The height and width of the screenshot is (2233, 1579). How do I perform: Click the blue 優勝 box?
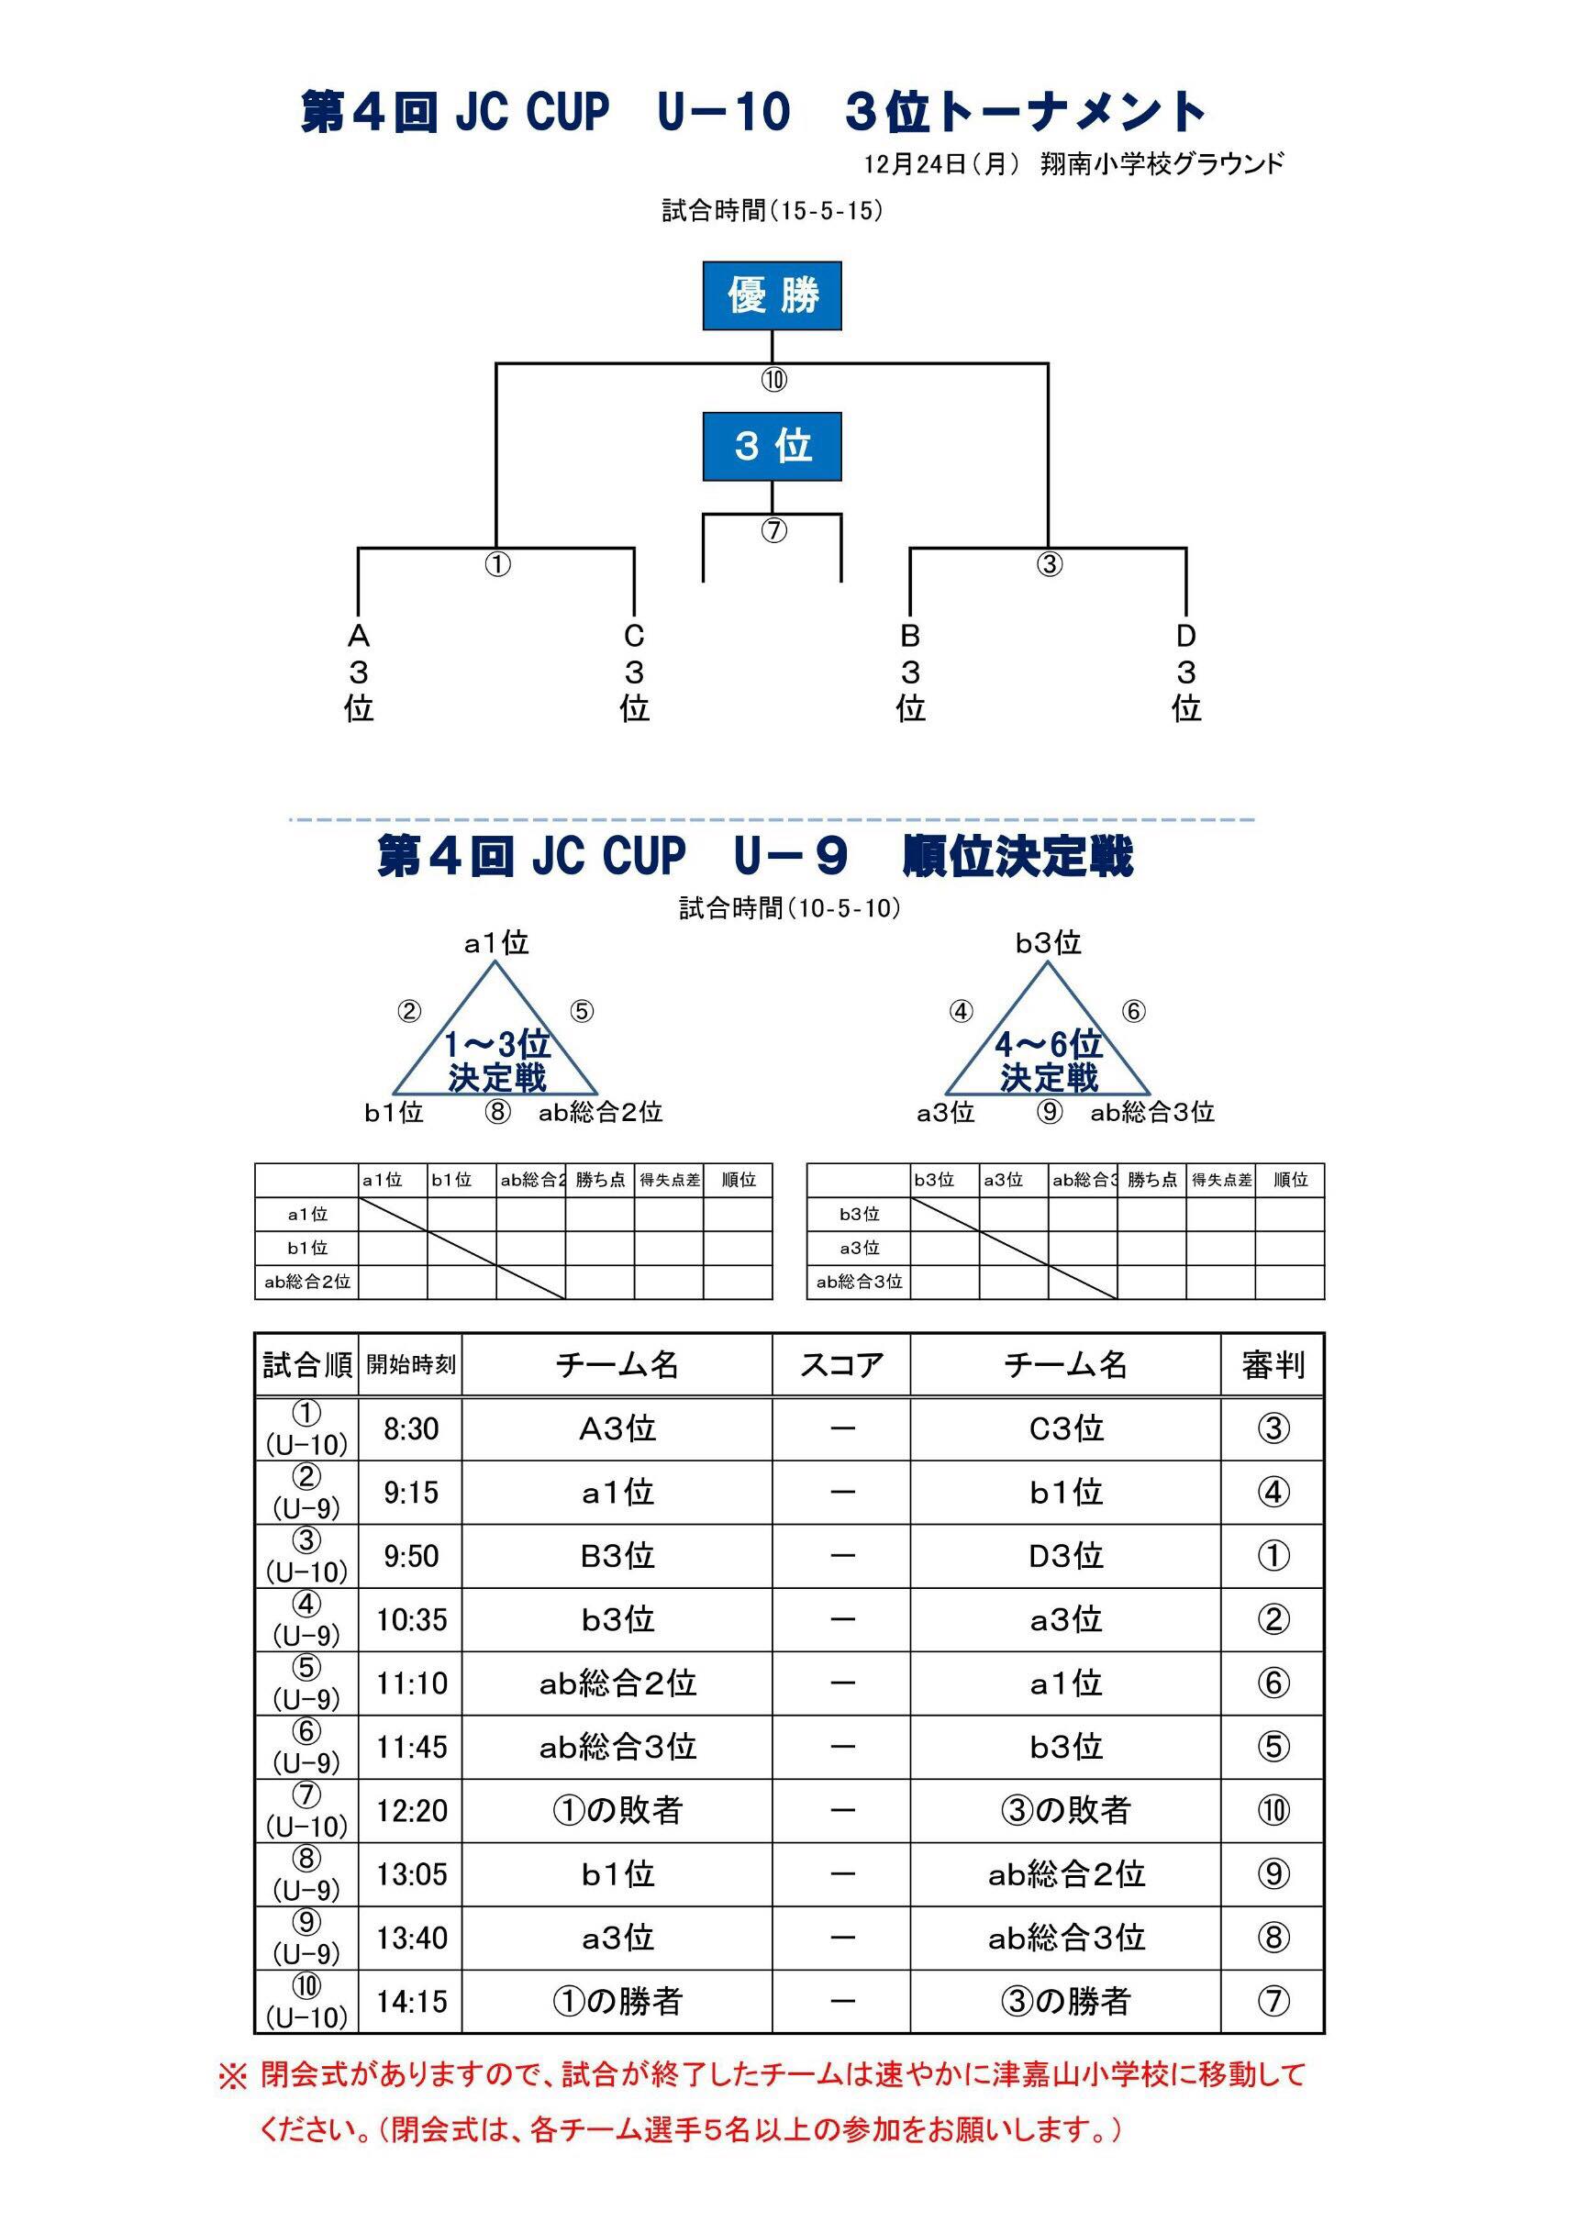(x=772, y=295)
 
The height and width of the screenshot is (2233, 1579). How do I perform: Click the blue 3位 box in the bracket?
(x=772, y=447)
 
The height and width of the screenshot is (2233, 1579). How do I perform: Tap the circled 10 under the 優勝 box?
(x=773, y=381)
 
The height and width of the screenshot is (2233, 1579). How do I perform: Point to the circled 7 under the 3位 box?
(x=773, y=531)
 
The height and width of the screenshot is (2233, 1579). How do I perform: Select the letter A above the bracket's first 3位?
(x=359, y=636)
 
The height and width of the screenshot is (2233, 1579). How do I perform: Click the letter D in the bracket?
(x=1186, y=636)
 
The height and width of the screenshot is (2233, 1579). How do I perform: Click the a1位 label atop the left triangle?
(x=496, y=942)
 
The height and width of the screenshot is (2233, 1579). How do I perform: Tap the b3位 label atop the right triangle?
(x=1048, y=942)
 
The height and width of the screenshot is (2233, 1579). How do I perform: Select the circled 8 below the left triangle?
(x=497, y=1112)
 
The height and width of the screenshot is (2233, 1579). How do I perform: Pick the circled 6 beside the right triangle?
(x=1133, y=1012)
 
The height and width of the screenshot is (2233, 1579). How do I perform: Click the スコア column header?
(x=841, y=1364)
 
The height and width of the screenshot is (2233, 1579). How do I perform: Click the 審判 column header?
(x=1273, y=1364)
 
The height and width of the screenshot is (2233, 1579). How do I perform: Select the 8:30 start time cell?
(x=410, y=1428)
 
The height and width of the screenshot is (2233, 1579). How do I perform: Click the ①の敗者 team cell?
(x=617, y=1810)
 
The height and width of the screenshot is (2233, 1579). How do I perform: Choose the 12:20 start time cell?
(x=410, y=1810)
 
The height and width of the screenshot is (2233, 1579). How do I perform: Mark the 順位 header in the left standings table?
(x=739, y=1180)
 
